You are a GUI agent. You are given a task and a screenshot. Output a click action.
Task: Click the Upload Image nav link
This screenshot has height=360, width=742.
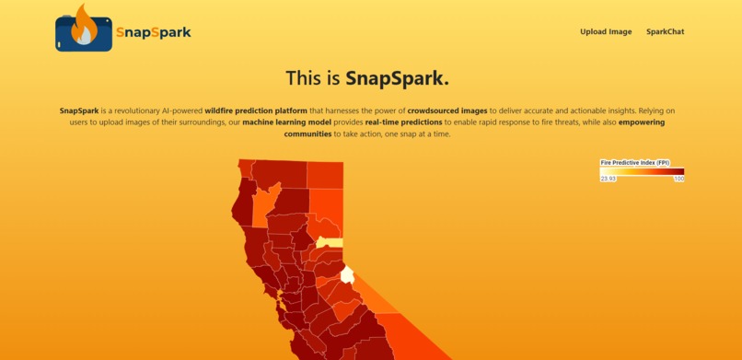tap(606, 31)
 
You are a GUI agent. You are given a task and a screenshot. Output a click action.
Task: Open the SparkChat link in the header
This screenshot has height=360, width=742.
tap(665, 31)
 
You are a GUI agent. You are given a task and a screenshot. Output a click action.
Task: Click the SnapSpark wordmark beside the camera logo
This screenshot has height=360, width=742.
tap(154, 32)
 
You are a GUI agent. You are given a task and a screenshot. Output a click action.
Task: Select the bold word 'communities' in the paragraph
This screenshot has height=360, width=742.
tap(308, 134)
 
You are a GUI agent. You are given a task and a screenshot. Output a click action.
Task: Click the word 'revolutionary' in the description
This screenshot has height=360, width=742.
tap(133, 110)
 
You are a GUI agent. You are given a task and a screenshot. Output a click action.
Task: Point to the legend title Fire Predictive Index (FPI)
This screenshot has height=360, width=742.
tap(634, 162)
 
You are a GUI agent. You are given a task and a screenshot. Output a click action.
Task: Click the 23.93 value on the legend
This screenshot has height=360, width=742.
tap(609, 179)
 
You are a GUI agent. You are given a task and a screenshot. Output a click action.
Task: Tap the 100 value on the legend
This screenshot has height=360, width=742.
tap(678, 179)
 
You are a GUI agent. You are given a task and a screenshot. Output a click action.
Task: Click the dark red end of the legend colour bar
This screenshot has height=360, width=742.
tap(679, 170)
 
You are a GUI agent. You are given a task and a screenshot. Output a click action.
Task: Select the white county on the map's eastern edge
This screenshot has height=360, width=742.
tap(347, 274)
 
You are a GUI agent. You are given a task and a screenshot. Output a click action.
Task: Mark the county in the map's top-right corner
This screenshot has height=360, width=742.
tap(325, 174)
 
